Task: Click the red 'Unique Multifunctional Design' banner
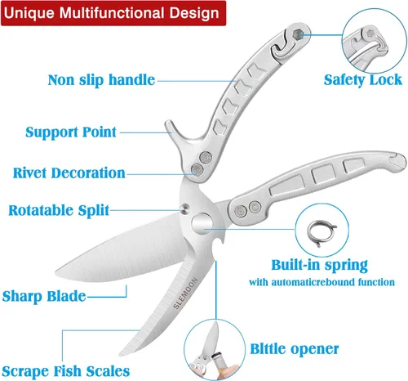coord(113,13)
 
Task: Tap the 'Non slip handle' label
coord(101,80)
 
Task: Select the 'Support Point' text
coord(71,132)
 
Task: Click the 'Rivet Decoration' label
coord(69,173)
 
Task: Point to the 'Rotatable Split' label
coord(59,210)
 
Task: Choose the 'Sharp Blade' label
coord(44,296)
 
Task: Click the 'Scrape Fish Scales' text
coord(66,371)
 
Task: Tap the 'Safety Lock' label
coord(363,80)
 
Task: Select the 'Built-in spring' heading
coord(320,265)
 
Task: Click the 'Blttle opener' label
coord(295,349)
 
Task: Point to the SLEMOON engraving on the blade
coord(185,293)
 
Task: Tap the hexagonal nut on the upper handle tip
coord(299,34)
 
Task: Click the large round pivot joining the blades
coord(202,223)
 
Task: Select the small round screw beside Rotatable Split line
coord(185,208)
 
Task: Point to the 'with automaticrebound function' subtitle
coord(322,282)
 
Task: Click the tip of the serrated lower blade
coord(120,355)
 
